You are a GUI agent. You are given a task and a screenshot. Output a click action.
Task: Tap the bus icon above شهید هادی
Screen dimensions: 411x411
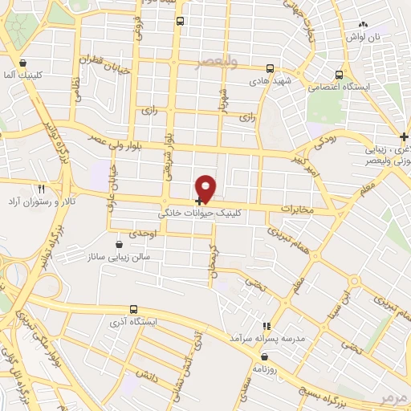(270, 69)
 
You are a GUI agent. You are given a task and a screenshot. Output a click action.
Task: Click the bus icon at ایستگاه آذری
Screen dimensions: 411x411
(133, 308)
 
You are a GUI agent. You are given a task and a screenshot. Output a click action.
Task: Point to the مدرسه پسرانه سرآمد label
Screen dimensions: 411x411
(267, 339)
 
